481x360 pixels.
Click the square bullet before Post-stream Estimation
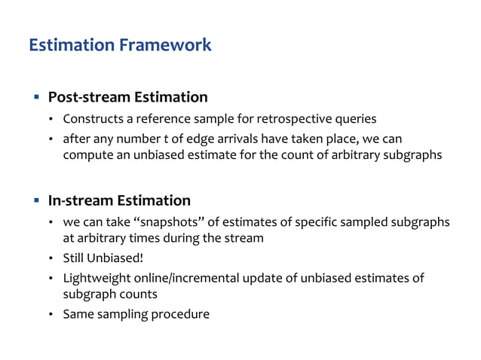(35, 97)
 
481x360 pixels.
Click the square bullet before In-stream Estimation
(35, 200)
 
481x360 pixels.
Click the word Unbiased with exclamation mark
(116, 259)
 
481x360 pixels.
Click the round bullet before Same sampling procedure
(51, 314)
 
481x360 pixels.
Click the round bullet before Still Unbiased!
(51, 259)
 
